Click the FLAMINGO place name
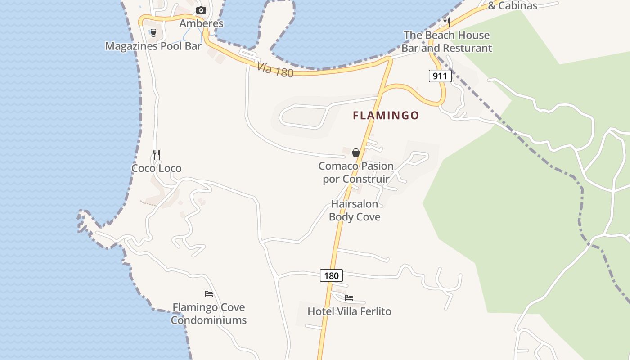pos(386,116)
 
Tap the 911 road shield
pos(440,76)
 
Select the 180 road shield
pos(331,275)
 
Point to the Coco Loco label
pos(157,168)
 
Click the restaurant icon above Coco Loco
pos(157,155)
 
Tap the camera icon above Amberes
pos(201,10)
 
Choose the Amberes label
pos(201,23)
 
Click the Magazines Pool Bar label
pos(153,46)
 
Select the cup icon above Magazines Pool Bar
pos(153,32)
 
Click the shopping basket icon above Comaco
pos(355,153)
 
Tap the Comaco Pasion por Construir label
pos(356,172)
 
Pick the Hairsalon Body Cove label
pos(355,210)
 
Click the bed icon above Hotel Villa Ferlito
pos(349,298)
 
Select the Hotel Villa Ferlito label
pos(349,311)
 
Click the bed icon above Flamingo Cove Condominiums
pos(209,294)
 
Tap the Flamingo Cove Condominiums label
pos(209,314)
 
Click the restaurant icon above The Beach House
pos(446,21)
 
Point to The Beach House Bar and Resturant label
pos(447,41)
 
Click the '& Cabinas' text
pos(513,6)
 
